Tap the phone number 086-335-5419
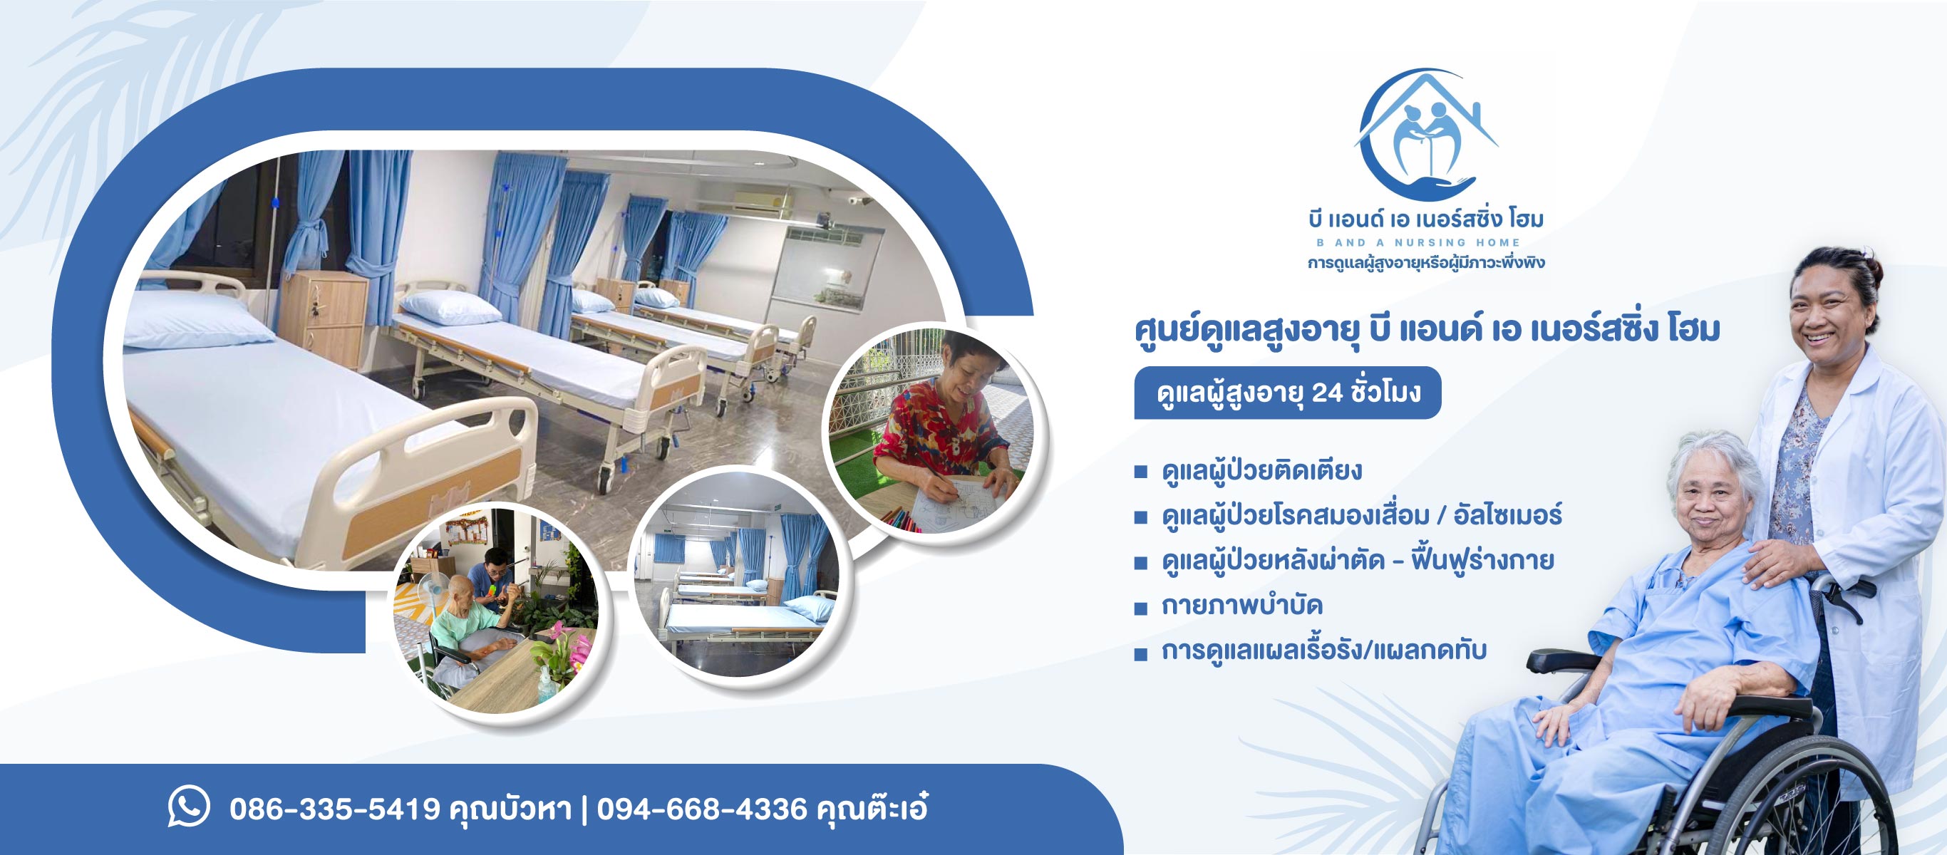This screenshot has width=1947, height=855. (335, 809)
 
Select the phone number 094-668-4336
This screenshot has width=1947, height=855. (701, 809)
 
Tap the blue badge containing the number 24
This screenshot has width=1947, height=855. (1287, 393)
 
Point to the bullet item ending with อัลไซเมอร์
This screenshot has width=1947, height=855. (1361, 517)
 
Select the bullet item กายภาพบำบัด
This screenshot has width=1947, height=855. (1241, 606)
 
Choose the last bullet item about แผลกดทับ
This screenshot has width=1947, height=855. (1323, 651)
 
